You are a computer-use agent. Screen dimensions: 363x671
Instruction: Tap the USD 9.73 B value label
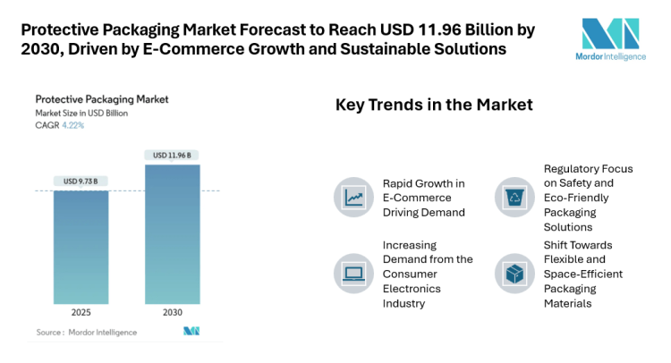(x=81, y=181)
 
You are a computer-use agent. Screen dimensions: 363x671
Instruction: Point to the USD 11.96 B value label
(x=173, y=156)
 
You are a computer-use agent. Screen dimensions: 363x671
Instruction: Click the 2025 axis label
(x=81, y=313)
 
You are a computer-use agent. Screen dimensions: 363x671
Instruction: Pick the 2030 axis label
(x=173, y=313)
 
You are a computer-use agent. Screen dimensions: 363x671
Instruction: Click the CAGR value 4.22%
(x=72, y=125)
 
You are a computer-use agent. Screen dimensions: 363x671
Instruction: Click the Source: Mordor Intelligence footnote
(x=87, y=332)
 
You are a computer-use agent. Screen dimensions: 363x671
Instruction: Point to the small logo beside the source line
(x=191, y=332)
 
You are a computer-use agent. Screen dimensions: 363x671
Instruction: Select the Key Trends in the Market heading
(x=434, y=106)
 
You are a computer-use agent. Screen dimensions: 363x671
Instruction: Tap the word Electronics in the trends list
(x=415, y=288)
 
